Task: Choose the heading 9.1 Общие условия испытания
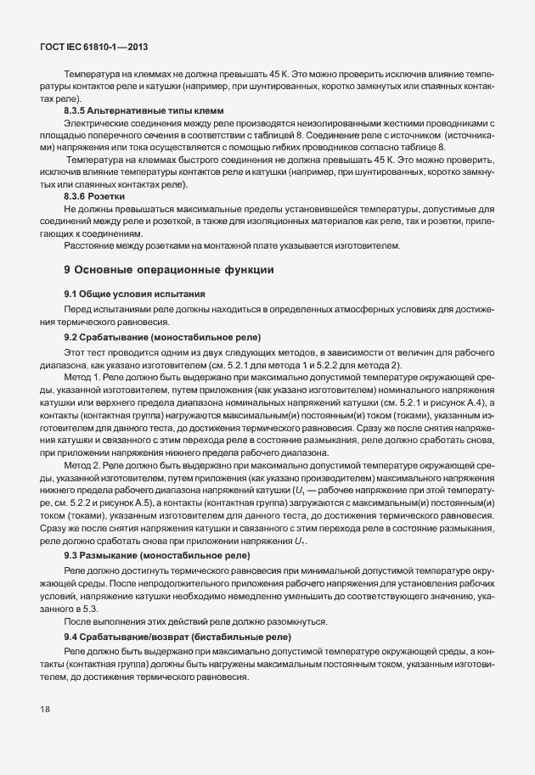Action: (x=134, y=294)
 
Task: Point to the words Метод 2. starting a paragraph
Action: (x=82, y=467)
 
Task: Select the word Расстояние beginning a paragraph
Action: (x=89, y=246)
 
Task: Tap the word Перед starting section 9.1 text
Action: (x=78, y=310)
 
